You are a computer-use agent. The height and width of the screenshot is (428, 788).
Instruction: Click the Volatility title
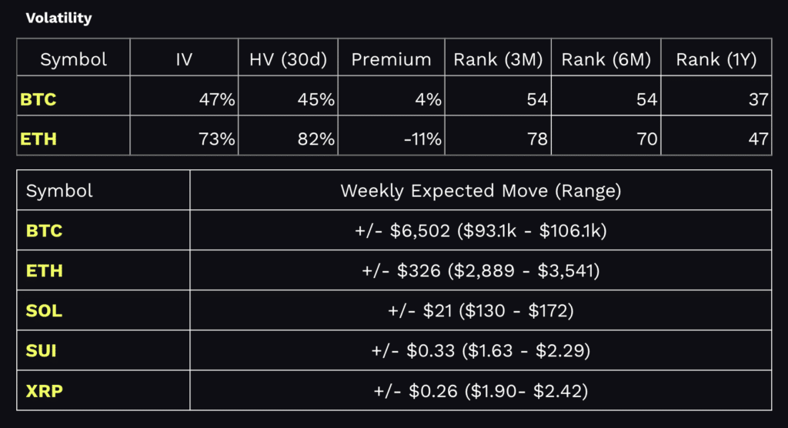(x=58, y=18)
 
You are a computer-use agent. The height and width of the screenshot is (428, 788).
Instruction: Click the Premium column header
(x=391, y=59)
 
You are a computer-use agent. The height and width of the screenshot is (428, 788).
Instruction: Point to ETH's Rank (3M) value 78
(x=537, y=139)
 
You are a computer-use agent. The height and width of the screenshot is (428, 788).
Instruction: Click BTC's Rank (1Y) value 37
(x=758, y=99)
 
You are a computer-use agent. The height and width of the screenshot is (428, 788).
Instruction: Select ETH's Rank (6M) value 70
(x=649, y=139)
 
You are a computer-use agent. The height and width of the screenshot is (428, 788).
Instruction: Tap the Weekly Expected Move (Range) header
(x=480, y=191)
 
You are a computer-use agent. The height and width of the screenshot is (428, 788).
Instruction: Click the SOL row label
(x=44, y=311)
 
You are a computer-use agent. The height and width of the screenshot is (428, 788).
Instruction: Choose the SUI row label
(x=42, y=351)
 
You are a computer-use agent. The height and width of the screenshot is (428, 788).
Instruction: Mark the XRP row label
(x=44, y=391)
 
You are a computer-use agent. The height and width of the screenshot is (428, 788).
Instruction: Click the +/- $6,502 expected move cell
(x=480, y=231)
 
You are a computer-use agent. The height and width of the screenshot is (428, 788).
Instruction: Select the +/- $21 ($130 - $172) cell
(x=480, y=311)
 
